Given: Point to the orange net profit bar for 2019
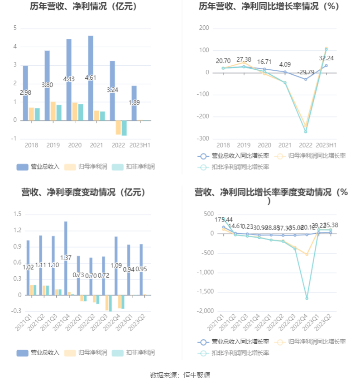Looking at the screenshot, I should pos(53,111).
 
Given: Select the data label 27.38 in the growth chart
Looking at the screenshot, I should pos(244,60).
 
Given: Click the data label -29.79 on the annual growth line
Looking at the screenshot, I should pos(306,72).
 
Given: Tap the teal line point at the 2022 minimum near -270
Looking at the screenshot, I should pos(306,131).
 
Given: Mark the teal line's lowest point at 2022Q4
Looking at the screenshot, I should pos(307,298).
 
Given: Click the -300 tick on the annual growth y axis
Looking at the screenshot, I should pos(204,139).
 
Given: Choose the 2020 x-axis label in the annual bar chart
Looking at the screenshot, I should pos(75,145).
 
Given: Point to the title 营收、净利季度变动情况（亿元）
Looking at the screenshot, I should pos(83,192).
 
